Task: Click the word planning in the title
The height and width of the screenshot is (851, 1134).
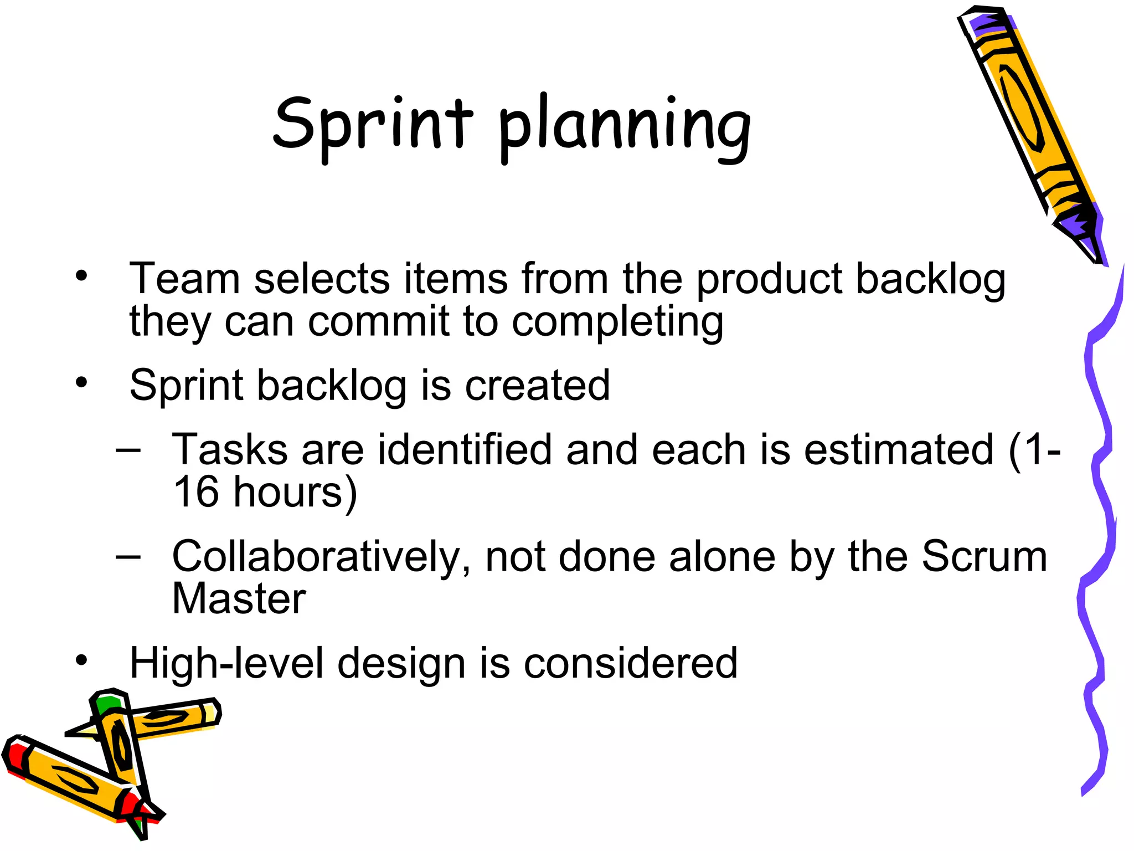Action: pos(624,127)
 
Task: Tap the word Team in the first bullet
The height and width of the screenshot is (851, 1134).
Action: pos(184,278)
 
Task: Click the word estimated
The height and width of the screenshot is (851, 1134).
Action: pos(898,449)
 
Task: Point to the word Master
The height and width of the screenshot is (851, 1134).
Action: pos(239,599)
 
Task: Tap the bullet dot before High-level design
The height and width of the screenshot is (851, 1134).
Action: pos(82,660)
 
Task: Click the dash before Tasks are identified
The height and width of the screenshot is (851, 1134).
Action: pos(128,449)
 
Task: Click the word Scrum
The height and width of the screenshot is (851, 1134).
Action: pos(984,556)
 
